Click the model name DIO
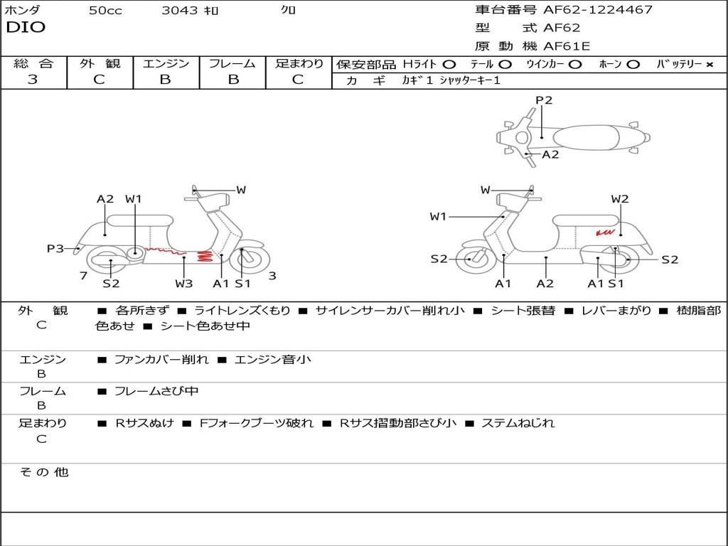tap(26, 28)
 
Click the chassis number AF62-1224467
tap(598, 9)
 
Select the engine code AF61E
tap(567, 46)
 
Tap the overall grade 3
tap(33, 80)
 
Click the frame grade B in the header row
tap(233, 80)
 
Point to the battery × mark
tap(710, 65)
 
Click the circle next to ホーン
tap(633, 65)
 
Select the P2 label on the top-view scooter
tap(544, 100)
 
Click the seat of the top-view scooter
tap(586, 138)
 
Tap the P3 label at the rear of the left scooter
tap(55, 249)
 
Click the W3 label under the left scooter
tap(184, 283)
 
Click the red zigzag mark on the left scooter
tap(204, 256)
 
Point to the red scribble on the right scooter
tap(605, 232)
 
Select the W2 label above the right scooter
tap(620, 199)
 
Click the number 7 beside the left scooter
tap(84, 276)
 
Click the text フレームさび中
tap(156, 392)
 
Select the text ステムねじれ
tap(518, 423)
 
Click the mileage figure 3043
tap(180, 10)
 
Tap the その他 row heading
tap(44, 472)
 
